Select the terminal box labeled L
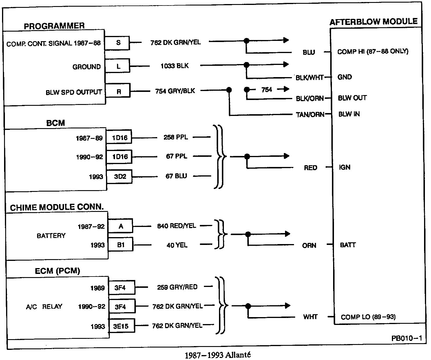click(x=118, y=66)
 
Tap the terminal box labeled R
click(x=118, y=91)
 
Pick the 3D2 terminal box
click(x=120, y=177)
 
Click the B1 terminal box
click(x=121, y=245)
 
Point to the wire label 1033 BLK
click(x=174, y=66)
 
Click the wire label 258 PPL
click(x=176, y=137)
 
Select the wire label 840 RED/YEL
click(x=176, y=226)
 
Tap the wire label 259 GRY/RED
click(x=177, y=287)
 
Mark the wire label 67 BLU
click(x=176, y=176)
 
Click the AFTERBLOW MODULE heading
click(x=373, y=22)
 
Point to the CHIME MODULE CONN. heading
click(x=57, y=207)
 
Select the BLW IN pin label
click(x=349, y=114)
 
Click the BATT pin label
click(x=348, y=245)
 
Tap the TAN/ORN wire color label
click(x=310, y=114)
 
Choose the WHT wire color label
click(x=310, y=317)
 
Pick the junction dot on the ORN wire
click(x=248, y=234)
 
